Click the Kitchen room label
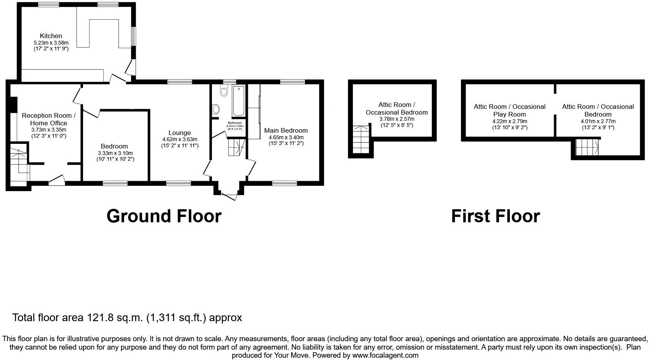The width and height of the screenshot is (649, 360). pos(51,36)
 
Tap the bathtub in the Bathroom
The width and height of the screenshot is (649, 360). pos(238,101)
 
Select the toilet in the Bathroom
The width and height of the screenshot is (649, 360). pos(224,91)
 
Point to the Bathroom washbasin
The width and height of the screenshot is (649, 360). pos(216,109)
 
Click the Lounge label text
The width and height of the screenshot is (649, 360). pos(179,133)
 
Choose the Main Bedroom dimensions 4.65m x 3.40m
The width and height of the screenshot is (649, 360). pos(286,137)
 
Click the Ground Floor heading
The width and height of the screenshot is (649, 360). pos(164,216)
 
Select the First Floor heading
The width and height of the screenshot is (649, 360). pos(495,216)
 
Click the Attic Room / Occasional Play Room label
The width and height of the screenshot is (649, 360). pos(509,110)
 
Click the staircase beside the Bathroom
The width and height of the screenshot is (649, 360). pos(236,148)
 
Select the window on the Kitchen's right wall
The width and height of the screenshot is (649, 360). pos(133,36)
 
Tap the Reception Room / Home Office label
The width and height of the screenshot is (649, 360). pos(48,119)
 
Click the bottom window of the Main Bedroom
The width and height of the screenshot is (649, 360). pos(284,183)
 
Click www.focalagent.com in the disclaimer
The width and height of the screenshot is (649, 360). pos(385,355)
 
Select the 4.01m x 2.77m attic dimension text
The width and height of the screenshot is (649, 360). pos(597,121)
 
